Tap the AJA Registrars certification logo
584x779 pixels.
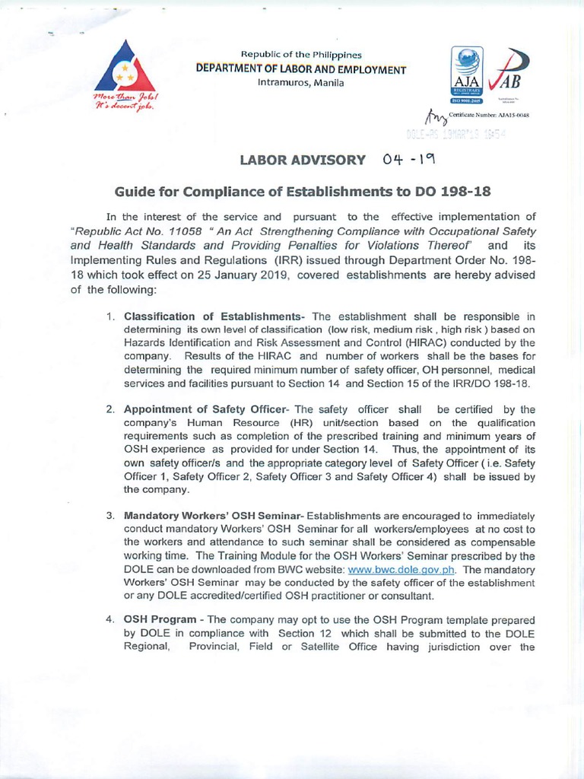(465, 74)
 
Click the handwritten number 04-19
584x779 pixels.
(409, 159)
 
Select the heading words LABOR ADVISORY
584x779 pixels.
(303, 160)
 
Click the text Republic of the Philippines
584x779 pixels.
(301, 55)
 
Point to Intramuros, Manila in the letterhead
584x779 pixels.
(301, 82)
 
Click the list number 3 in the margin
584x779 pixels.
(110, 516)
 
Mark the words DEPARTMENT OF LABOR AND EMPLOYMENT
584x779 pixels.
(301, 69)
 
